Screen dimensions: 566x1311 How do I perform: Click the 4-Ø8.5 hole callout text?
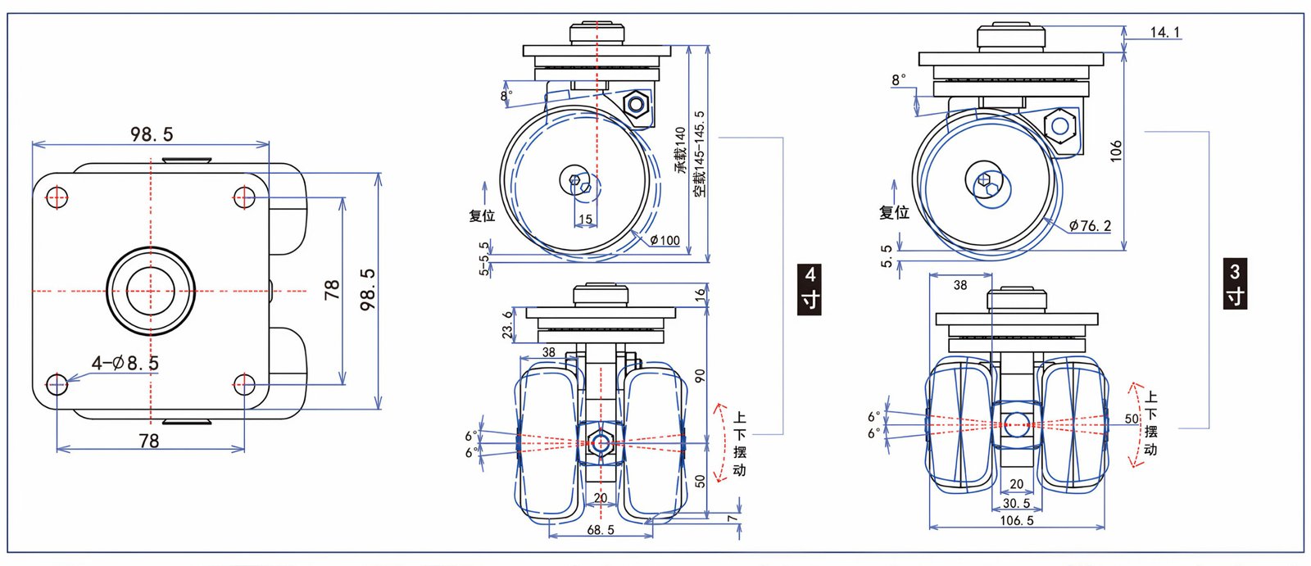(125, 363)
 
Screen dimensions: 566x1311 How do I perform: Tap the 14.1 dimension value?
(1164, 32)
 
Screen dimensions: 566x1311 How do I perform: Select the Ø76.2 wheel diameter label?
(1091, 226)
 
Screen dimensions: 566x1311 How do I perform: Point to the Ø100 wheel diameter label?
(665, 240)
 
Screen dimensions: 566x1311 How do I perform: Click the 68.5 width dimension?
(601, 530)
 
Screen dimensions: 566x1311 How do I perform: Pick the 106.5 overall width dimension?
(1017, 520)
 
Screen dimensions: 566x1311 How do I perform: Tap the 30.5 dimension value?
(1017, 503)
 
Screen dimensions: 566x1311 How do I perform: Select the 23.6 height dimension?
(508, 324)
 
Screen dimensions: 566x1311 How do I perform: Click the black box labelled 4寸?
(810, 288)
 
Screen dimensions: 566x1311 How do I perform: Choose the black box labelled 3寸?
(1235, 283)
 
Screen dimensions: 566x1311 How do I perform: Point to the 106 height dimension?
(1116, 151)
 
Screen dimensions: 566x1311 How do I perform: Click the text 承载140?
(680, 149)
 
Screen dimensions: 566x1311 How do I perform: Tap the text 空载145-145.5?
(699, 153)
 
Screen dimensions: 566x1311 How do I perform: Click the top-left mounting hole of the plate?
(57, 197)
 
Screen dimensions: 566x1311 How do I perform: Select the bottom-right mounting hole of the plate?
(244, 383)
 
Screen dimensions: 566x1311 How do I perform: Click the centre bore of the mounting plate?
(151, 291)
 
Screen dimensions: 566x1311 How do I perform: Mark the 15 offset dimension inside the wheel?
(585, 219)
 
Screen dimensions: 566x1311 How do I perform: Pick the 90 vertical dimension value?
(700, 375)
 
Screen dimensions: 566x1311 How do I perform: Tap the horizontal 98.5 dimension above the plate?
(152, 134)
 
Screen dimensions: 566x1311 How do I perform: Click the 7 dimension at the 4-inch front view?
(733, 518)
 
